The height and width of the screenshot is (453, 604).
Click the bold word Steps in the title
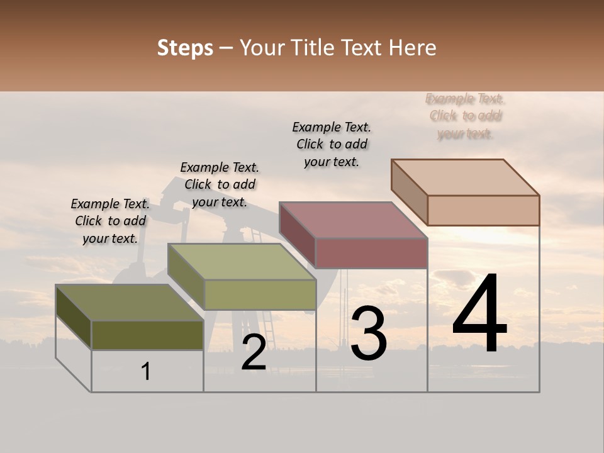tap(185, 48)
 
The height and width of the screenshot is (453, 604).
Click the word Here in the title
tap(413, 48)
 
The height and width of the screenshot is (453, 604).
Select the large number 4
tap(479, 315)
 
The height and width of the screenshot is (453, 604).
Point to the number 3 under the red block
tap(369, 333)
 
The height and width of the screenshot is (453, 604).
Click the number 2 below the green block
tap(254, 352)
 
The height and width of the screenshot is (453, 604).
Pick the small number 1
tap(146, 372)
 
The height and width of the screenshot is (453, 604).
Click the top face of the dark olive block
tap(129, 303)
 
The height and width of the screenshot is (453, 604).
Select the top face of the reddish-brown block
tap(353, 220)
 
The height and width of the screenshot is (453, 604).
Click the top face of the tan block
tap(465, 177)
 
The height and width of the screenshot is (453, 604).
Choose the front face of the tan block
tap(483, 210)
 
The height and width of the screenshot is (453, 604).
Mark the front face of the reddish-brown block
tap(371, 253)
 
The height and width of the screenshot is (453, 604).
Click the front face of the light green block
tap(260, 294)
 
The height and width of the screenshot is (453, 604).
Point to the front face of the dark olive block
tap(147, 335)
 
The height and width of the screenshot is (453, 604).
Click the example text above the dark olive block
tap(110, 221)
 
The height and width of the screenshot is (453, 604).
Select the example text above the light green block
tap(220, 184)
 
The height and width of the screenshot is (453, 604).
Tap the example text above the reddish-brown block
tap(332, 144)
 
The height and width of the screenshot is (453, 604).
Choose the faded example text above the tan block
tap(466, 116)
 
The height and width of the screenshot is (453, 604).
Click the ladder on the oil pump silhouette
tap(268, 321)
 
